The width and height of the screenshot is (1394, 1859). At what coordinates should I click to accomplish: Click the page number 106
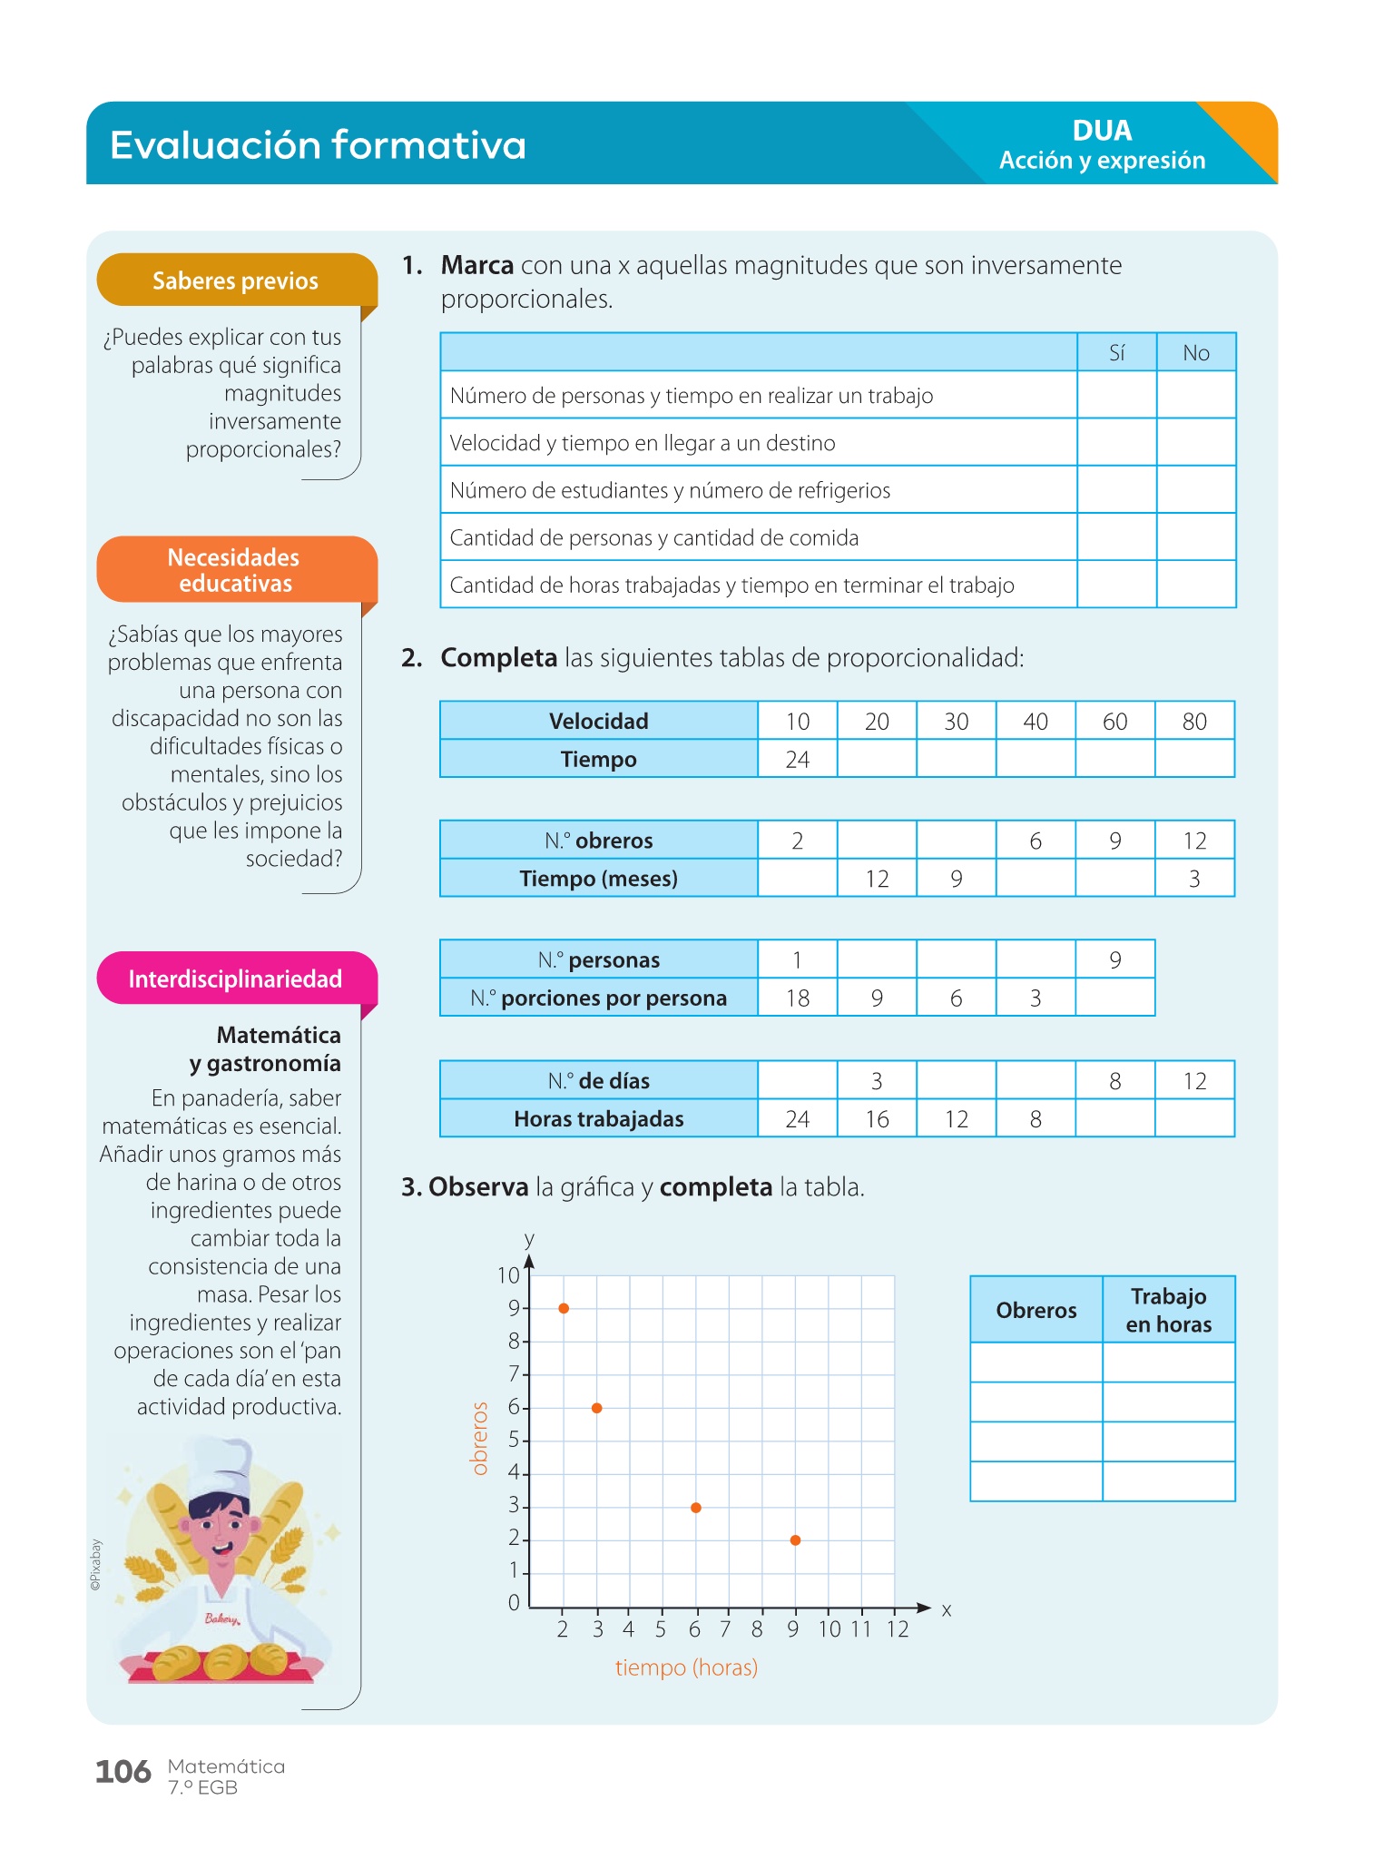(x=123, y=1772)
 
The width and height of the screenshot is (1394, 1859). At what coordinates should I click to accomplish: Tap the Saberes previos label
(x=235, y=280)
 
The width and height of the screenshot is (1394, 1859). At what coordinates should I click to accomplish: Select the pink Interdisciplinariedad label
(x=235, y=979)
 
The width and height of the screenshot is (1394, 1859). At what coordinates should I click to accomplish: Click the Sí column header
(x=1116, y=353)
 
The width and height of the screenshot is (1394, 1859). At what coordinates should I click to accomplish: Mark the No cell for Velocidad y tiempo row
(x=1195, y=442)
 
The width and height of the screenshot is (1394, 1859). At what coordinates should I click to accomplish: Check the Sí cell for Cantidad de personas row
(x=1116, y=537)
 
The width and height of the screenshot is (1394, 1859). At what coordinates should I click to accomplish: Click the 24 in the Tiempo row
(x=797, y=759)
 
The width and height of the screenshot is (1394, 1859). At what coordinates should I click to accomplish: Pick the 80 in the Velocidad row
(x=1194, y=722)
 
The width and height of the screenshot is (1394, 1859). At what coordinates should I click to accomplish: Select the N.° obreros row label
(x=598, y=841)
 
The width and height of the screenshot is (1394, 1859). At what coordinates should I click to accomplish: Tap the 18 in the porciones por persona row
(x=797, y=998)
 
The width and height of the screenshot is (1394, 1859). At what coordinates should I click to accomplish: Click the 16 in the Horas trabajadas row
(x=877, y=1119)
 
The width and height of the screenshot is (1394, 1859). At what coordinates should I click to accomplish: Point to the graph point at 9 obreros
(x=564, y=1308)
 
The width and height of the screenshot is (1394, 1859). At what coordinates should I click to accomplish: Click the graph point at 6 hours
(x=696, y=1508)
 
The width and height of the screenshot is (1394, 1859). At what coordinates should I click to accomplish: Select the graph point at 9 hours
(x=795, y=1540)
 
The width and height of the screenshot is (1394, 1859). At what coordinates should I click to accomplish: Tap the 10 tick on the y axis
(x=508, y=1275)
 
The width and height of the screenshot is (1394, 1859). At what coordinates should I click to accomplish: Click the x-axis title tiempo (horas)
(x=686, y=1667)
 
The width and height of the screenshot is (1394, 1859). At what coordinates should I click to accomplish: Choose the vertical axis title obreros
(x=480, y=1439)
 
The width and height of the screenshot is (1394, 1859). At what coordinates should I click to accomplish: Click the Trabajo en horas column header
(x=1168, y=1310)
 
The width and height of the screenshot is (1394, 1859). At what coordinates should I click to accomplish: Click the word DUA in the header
(x=1102, y=131)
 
